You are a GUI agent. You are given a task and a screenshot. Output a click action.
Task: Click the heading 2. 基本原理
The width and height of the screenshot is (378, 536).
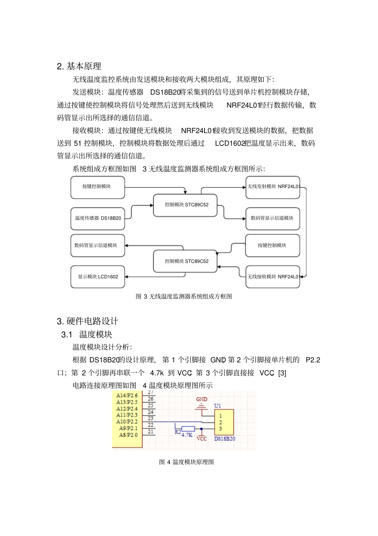coord(79,66)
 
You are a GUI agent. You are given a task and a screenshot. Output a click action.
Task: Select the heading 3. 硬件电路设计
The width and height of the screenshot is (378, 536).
coord(88,321)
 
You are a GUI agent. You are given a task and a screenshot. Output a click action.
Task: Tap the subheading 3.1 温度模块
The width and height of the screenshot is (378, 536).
coord(87,334)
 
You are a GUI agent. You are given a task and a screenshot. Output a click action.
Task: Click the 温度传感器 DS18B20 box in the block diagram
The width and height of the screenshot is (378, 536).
coord(98,218)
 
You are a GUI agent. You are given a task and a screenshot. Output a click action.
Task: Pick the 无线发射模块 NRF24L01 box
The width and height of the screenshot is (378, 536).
coord(273,187)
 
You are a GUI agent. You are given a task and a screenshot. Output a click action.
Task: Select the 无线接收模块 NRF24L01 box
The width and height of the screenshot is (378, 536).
coord(273,277)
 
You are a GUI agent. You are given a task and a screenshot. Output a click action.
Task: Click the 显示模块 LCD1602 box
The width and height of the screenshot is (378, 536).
coord(98,277)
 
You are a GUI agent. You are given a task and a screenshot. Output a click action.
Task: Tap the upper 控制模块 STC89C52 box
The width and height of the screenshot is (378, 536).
coord(185,205)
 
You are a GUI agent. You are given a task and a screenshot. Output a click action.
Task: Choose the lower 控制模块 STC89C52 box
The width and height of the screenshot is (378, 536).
coord(185,261)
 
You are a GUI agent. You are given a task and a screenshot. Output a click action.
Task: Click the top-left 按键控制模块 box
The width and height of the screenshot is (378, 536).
coord(98,187)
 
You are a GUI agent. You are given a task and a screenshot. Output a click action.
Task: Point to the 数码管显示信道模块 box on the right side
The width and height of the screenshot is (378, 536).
coord(273,218)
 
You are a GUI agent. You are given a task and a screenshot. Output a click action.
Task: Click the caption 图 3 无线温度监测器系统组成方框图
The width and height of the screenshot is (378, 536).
coord(184,296)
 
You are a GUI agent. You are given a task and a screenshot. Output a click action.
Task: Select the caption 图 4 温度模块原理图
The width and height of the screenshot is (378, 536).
coord(187,462)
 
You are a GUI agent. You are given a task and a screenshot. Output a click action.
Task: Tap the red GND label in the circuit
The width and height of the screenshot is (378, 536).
coord(202,399)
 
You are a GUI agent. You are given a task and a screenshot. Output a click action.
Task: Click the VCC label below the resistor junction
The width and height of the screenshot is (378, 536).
coord(202,439)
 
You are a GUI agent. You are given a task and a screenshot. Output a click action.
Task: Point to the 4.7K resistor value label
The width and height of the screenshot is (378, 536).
coord(187,435)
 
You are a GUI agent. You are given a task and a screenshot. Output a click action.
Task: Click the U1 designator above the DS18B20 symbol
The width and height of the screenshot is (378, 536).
coord(217,406)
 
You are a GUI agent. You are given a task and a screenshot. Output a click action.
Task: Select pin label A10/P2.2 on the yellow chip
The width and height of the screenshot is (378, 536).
coord(127,422)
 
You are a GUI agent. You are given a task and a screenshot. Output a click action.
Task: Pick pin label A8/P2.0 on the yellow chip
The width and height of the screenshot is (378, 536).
coord(128,435)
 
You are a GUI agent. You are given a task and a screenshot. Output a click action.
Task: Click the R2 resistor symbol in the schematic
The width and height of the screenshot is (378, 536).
coord(188,429)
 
